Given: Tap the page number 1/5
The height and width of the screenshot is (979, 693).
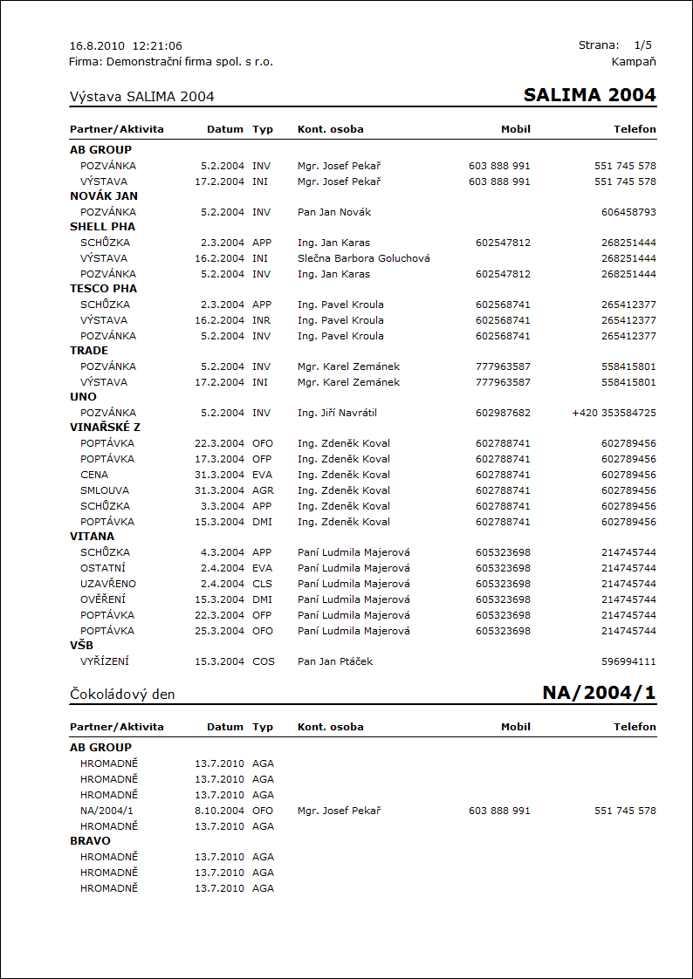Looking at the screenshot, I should click(x=643, y=44).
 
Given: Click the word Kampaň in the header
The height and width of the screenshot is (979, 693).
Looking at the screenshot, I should click(x=635, y=61).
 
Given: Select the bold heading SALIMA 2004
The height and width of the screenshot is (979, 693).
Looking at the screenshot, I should click(x=589, y=95).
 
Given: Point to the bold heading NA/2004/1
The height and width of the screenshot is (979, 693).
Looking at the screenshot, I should click(x=599, y=693).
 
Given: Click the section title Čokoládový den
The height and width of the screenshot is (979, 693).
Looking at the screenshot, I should click(x=122, y=695).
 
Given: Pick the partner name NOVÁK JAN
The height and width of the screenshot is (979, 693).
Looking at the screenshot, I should click(x=104, y=196).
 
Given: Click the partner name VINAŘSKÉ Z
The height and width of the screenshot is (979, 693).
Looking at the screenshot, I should click(x=105, y=428).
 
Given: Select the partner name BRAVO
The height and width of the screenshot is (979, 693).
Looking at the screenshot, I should click(x=90, y=841).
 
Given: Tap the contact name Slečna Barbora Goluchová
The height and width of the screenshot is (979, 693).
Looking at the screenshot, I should click(x=363, y=258).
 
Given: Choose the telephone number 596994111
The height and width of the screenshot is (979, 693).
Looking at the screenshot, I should click(x=628, y=661).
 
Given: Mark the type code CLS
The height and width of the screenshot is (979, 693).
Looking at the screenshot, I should click(x=263, y=584).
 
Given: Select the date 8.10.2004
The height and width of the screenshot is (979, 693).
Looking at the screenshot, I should click(x=219, y=811).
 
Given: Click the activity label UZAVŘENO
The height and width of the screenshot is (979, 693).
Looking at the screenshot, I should click(x=108, y=584).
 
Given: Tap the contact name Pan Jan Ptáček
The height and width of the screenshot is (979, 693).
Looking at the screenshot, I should click(x=335, y=661).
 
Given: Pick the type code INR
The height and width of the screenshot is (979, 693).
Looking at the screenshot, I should click(x=263, y=320).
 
